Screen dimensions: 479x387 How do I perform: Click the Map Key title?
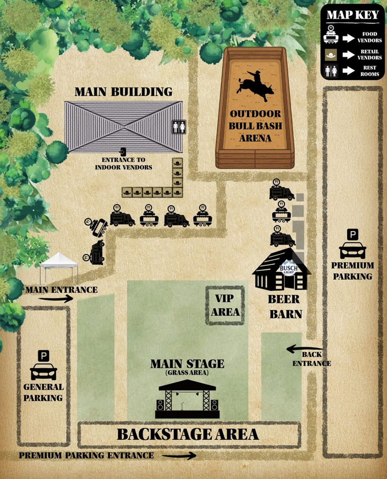(353, 14)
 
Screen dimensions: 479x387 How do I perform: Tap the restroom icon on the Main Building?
(178, 127)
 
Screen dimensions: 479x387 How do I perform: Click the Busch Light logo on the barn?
(288, 270)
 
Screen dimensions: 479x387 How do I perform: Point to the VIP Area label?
(225, 306)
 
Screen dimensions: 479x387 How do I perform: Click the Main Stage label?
(187, 364)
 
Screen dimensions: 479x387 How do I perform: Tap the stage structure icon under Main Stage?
(187, 399)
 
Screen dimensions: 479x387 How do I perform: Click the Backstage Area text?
(188, 434)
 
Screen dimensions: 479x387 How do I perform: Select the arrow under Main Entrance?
(56, 298)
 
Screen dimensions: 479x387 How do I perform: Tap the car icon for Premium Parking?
(353, 250)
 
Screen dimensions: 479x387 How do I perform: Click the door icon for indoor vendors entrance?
(123, 151)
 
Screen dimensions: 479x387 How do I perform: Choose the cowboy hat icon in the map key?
(331, 54)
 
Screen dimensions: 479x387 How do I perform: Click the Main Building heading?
(123, 91)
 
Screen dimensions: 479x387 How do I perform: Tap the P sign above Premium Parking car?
(353, 235)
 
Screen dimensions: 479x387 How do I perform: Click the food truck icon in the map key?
(331, 35)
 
